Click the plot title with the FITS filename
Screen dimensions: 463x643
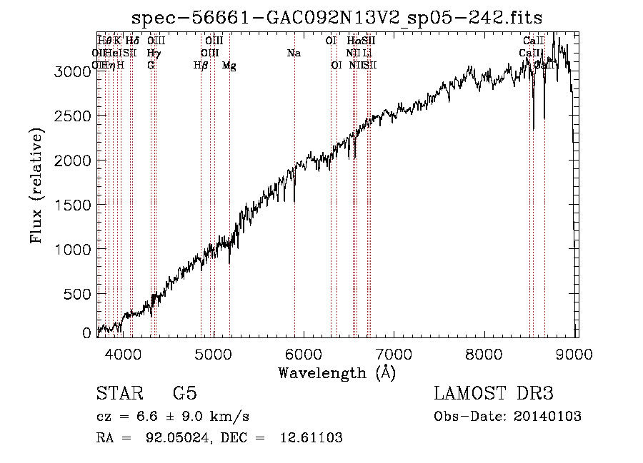[x=337, y=17]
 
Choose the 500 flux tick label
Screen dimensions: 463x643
[x=81, y=294]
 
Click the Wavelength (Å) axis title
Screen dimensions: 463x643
[x=337, y=372]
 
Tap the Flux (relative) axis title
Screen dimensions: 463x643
[x=36, y=185]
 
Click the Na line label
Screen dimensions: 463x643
[x=293, y=54]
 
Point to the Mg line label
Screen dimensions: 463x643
[x=229, y=66]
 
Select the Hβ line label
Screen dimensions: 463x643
[x=201, y=66]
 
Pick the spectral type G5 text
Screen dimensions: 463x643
[x=185, y=395]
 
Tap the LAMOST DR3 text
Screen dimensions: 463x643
[x=493, y=395]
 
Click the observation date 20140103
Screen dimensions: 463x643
[x=549, y=417]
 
